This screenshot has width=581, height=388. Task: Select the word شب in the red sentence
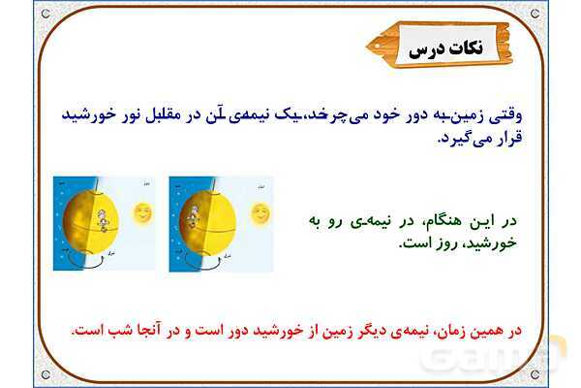(x=111, y=331)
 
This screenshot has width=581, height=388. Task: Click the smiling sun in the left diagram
(x=143, y=211)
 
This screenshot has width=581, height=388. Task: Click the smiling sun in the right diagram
(x=259, y=211)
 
